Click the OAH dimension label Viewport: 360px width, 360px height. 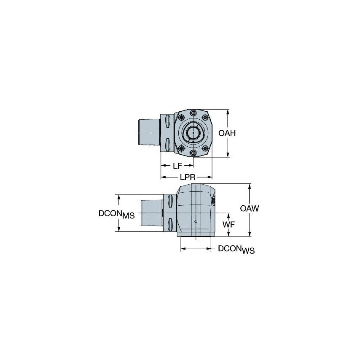pos(227,133)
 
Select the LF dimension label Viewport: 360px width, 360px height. pos(177,166)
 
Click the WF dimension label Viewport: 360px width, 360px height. pos(228,225)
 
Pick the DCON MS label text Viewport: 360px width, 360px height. pos(116,214)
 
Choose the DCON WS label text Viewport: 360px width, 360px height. pos(236,250)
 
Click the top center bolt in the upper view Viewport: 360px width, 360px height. pos(193,113)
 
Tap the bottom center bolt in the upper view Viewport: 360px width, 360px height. pos(193,153)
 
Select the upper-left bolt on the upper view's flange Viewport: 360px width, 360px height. pos(181,118)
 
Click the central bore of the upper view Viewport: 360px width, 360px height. pos(193,133)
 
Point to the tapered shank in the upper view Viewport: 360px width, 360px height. pos(149,133)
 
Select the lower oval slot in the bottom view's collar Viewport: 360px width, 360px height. pos(170,224)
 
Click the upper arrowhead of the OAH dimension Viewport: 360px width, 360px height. pos(228,112)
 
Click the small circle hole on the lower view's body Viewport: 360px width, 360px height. pos(196,221)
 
